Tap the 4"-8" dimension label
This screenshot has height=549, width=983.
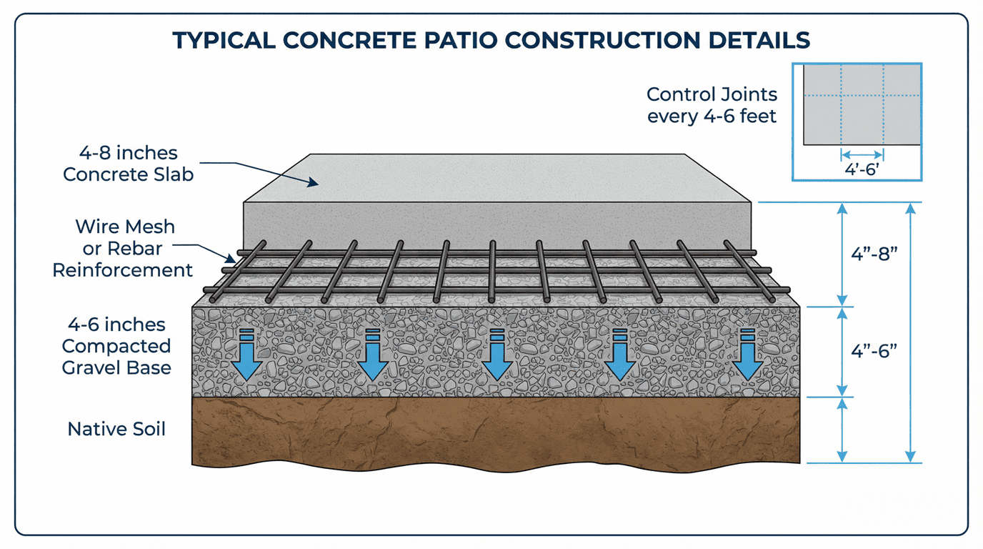tap(874, 256)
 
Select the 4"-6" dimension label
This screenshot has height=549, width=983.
tap(874, 351)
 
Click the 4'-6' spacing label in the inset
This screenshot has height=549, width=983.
tap(862, 170)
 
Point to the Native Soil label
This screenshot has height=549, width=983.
tap(116, 429)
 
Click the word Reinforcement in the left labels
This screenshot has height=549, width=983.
tap(123, 270)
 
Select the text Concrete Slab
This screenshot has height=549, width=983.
tap(129, 174)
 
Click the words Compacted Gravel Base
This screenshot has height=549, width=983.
tap(116, 357)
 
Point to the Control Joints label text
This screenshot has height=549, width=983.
tap(712, 94)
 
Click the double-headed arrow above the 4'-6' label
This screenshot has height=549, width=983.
tap(862, 154)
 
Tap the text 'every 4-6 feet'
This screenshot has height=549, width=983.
tap(712, 116)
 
